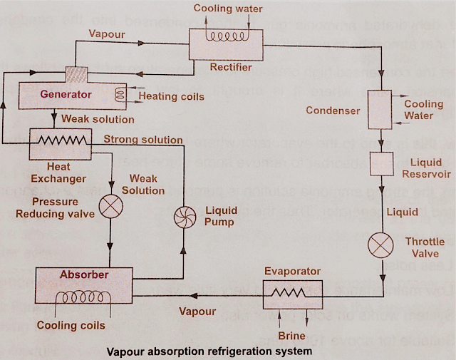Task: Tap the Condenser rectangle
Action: (x=379, y=110)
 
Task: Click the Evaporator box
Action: (x=292, y=293)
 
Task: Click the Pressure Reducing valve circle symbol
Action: (x=110, y=207)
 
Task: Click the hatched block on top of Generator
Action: (x=75, y=74)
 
